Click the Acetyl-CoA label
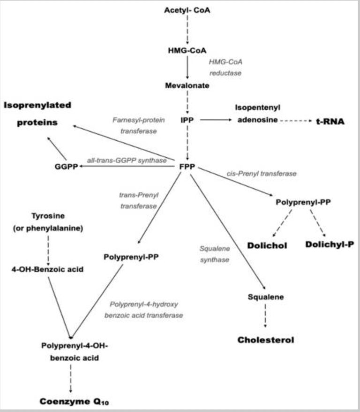coord(187,10)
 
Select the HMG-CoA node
coord(187,51)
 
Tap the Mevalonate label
coord(187,85)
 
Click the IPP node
coord(187,120)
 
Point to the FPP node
coord(187,167)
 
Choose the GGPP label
coord(66,167)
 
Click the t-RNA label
coord(330,122)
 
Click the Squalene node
coord(266,297)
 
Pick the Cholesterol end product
coord(266,339)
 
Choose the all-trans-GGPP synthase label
coord(127,160)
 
